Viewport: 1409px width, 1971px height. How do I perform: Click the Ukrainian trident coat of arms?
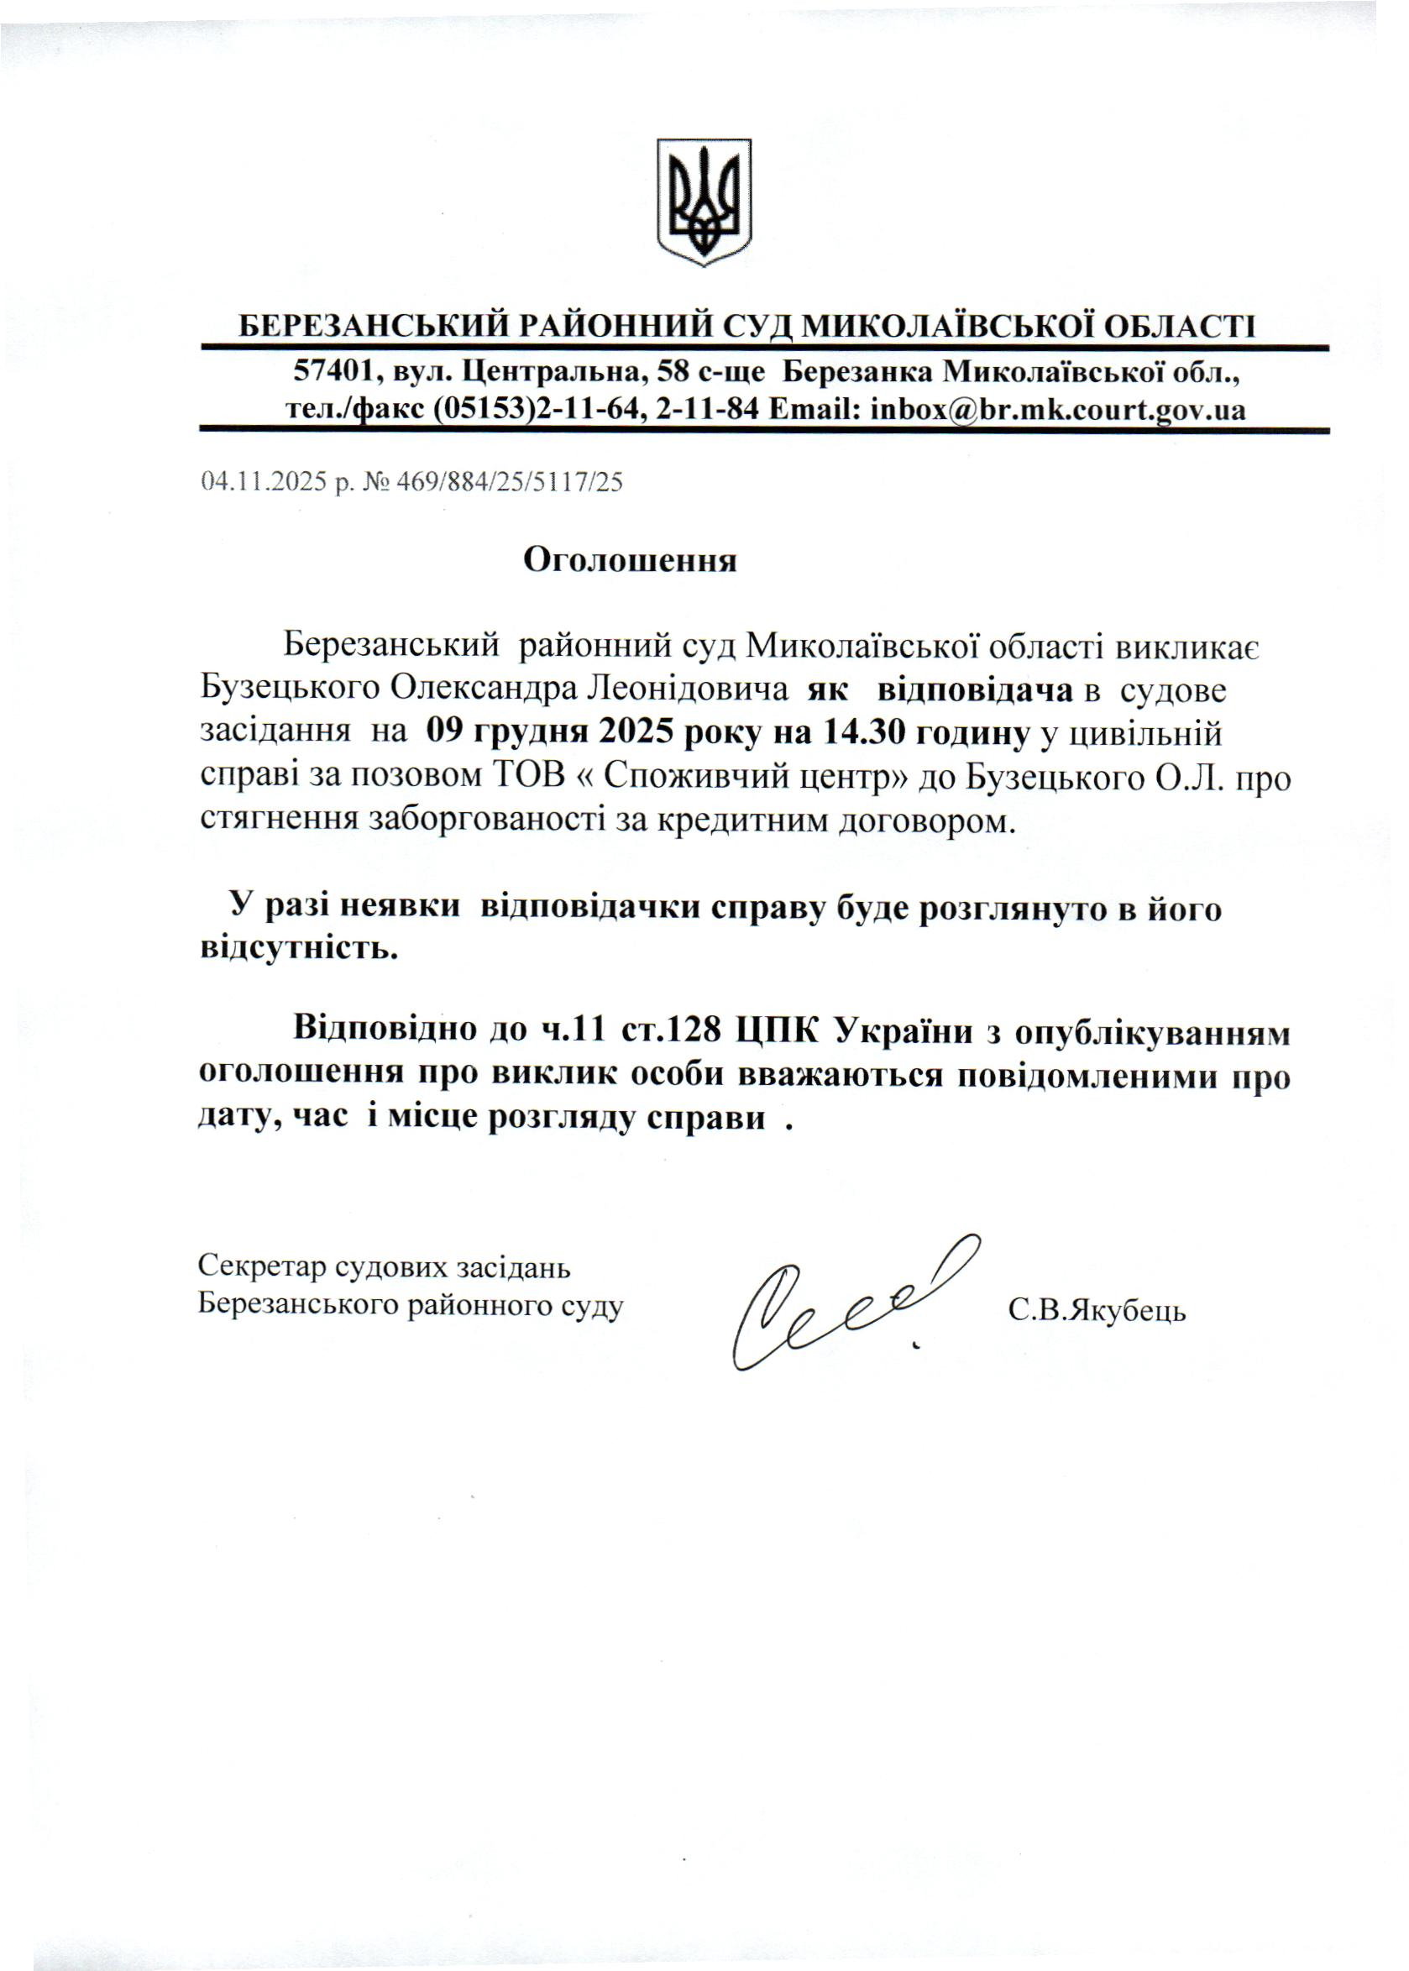point(703,202)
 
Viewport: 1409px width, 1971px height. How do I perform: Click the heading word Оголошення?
point(629,560)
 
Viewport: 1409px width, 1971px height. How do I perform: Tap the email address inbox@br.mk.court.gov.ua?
point(1058,410)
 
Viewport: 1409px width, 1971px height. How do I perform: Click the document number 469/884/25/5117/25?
point(510,481)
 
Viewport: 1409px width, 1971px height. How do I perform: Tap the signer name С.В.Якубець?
point(1097,1310)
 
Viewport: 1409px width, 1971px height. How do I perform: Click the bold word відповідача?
point(975,690)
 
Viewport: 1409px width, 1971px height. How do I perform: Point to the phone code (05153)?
point(482,410)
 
